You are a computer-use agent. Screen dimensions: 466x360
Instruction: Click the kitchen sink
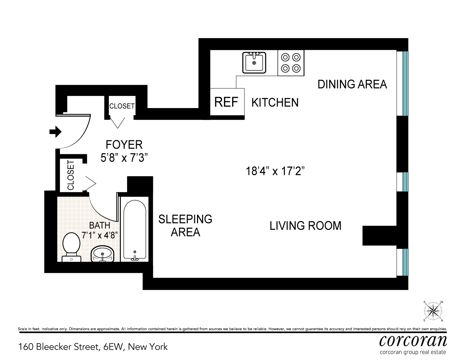[x=254, y=63]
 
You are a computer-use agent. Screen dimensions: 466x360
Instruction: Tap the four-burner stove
[x=291, y=63]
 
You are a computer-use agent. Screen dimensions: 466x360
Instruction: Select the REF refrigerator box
[x=227, y=102]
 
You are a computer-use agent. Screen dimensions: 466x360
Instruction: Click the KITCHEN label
[x=275, y=103]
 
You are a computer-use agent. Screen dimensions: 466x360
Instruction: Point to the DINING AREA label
[x=352, y=84]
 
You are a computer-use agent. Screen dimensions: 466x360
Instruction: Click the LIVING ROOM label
[x=306, y=226]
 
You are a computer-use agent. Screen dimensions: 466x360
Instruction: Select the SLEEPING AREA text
[x=185, y=226]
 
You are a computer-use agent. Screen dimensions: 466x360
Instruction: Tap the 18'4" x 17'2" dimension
[x=275, y=171]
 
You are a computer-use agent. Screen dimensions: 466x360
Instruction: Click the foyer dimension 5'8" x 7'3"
[x=124, y=158]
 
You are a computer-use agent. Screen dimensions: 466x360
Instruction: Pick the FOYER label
[x=124, y=145]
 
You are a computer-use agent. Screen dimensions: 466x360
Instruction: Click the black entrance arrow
[x=55, y=131]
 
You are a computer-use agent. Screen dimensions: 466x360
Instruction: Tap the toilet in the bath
[x=71, y=247]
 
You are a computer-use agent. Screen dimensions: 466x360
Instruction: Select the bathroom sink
[x=103, y=254]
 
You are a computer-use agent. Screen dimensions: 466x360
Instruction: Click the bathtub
[x=135, y=229]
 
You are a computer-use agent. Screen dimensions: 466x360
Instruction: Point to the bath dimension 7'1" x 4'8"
[x=100, y=235]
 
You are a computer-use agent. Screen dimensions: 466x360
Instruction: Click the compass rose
[x=433, y=311]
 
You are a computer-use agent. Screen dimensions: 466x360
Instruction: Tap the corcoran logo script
[x=413, y=341]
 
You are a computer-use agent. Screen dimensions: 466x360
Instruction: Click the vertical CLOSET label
[x=71, y=175]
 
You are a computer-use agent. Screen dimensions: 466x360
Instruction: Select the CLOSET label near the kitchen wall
[x=122, y=106]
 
